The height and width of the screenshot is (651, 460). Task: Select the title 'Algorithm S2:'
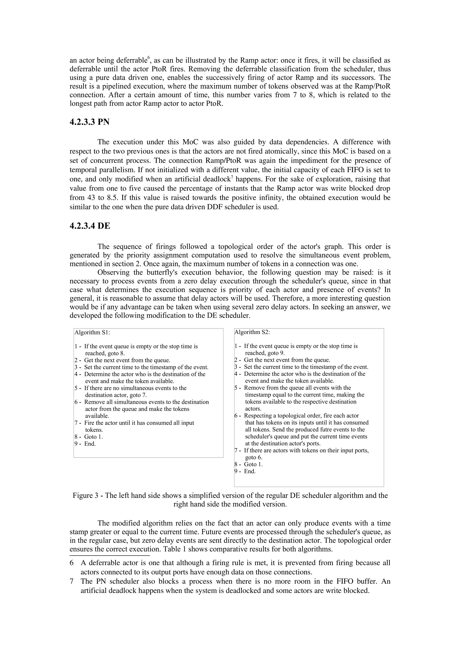(x=252, y=332)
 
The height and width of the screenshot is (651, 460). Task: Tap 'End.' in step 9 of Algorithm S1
(x=90, y=444)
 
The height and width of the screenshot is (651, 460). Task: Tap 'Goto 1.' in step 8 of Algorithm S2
(x=253, y=464)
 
